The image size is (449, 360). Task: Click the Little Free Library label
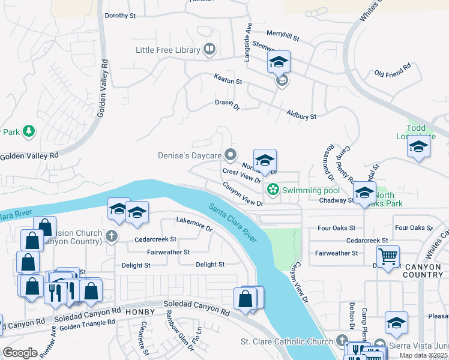click(167, 50)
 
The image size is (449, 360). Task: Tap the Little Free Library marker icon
click(209, 49)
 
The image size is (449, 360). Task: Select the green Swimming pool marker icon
click(273, 190)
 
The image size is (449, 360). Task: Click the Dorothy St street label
click(120, 16)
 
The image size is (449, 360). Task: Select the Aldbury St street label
click(301, 115)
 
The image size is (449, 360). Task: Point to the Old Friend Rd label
click(392, 74)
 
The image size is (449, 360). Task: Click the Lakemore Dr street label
click(194, 224)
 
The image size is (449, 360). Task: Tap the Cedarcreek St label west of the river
click(155, 239)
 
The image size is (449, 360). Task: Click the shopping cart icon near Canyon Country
click(388, 257)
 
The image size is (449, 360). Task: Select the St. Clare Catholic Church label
click(287, 341)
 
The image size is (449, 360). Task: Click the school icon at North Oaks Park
click(364, 193)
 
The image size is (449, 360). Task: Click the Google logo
click(20, 352)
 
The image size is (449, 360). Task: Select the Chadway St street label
click(338, 200)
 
